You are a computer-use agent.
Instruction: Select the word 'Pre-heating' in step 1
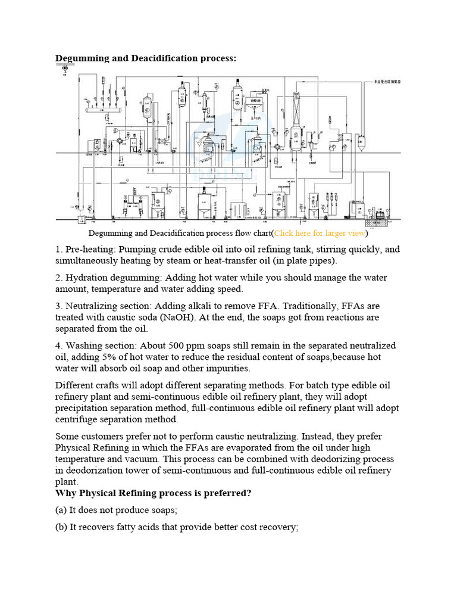[x=89, y=249]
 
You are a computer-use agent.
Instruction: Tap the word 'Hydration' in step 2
[x=86, y=278]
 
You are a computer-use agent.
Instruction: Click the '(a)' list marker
[x=62, y=511]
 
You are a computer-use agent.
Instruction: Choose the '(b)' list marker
[x=62, y=528]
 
